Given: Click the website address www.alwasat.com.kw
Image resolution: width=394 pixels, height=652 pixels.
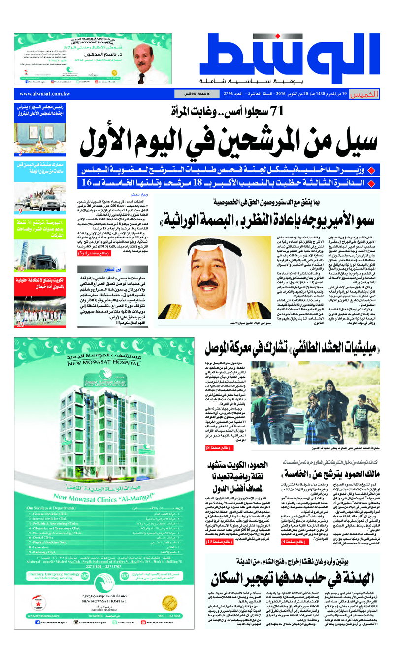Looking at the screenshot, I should click(x=44, y=94).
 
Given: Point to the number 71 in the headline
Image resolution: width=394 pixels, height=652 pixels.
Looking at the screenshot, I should click(x=274, y=112).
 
